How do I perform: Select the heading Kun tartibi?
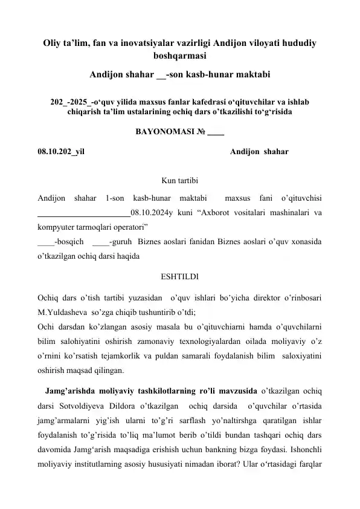179,179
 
